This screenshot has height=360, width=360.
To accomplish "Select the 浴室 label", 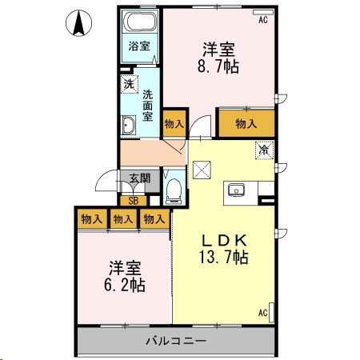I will [x=140, y=46].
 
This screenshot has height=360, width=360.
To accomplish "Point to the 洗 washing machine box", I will [x=128, y=82].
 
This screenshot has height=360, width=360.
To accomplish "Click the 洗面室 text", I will [x=148, y=105].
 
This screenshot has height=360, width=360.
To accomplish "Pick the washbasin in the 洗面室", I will [x=128, y=125].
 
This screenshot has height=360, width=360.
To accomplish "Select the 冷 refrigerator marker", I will [x=262, y=149].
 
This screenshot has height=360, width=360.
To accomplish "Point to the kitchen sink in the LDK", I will [x=237, y=190].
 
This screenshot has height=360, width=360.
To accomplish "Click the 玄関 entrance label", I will [x=130, y=179].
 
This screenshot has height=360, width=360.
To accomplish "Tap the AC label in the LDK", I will [x=261, y=313].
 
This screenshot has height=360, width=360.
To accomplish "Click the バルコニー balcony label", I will [x=176, y=342].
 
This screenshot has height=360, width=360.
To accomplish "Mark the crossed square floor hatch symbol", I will [x=201, y=169].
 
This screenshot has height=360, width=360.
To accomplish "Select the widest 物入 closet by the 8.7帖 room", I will [x=246, y=123].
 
